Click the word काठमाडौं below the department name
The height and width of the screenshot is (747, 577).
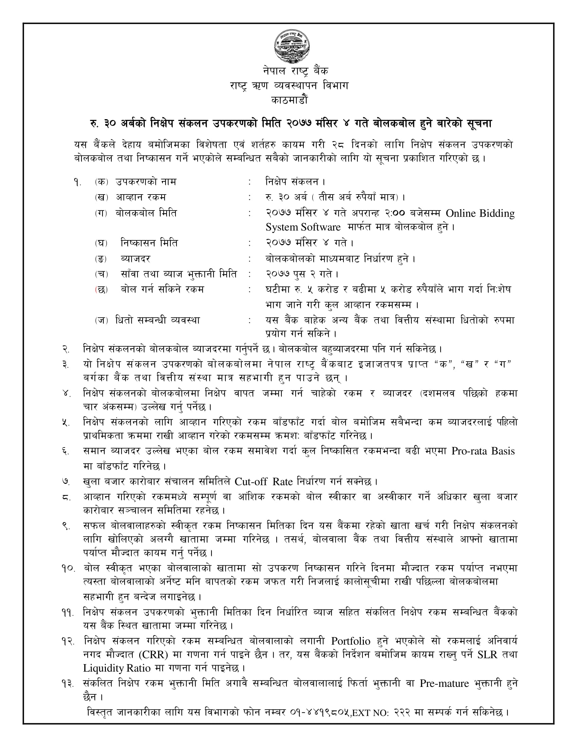tap(289, 101)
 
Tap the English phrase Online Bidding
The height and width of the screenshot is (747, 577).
tap(480, 214)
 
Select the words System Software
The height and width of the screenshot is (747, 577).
tap(303, 227)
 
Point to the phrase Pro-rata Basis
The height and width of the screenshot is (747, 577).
tap(483, 451)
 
